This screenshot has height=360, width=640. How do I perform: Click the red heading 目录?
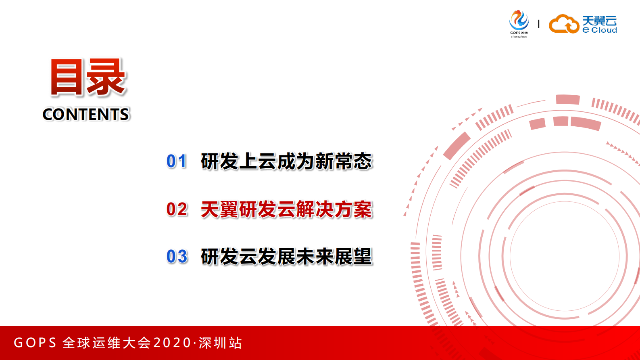88,77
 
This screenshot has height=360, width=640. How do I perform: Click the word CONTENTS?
86,115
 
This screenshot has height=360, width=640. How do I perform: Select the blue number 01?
177,161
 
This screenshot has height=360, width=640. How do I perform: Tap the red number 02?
177,209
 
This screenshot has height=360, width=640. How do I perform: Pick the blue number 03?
177,257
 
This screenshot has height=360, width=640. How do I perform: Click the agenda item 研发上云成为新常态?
286,161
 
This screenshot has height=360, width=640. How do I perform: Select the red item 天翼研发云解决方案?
286,209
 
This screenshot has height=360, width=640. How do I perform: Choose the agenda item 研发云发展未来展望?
286,257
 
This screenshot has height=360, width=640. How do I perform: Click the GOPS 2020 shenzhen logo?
519,24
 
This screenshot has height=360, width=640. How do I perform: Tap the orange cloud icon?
564,24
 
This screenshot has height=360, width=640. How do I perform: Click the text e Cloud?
600,30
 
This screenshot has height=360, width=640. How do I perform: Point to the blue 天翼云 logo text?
599,21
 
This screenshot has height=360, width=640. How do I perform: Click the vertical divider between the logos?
538,24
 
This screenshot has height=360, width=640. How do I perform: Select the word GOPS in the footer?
35,343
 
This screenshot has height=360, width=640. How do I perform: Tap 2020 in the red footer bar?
172,343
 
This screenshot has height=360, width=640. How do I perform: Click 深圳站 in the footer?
220,343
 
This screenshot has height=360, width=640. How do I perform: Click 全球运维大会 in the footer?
106,343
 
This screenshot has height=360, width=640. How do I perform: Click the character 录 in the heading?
106,77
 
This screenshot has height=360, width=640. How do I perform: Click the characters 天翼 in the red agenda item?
219,209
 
